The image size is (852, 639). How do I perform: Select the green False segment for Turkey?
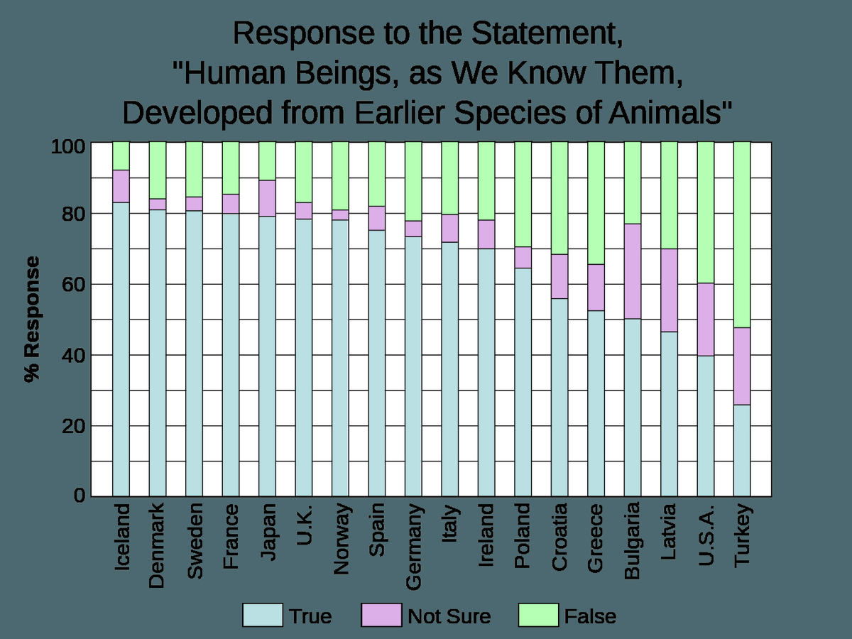742,234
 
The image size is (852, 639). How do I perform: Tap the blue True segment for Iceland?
121,348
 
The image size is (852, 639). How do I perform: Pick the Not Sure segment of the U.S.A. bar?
705,319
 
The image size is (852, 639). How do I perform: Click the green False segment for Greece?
596,202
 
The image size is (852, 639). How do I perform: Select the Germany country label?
413,547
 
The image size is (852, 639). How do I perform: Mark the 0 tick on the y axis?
79,495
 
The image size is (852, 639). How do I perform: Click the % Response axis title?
32,319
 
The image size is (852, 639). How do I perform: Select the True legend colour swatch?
263,615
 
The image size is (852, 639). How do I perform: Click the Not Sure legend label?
449,616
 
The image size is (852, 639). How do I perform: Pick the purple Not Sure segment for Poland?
523,257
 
